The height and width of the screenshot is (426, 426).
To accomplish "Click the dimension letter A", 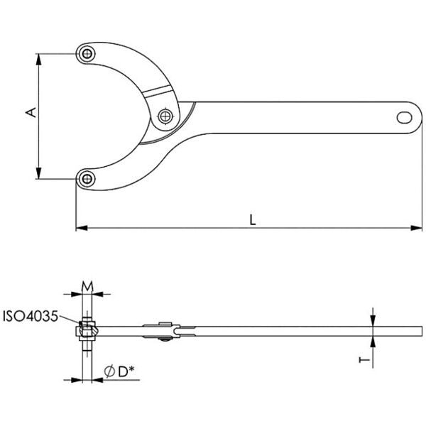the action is tap(31, 112).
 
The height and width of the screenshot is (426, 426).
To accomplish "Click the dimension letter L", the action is tap(253, 219).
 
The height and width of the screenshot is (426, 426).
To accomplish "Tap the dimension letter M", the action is tap(87, 286).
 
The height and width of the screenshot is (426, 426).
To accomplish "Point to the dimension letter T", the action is tap(364, 360).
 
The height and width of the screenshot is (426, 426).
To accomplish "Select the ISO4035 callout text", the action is tap(31, 316).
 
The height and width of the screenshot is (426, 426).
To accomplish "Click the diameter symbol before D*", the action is tap(109, 371).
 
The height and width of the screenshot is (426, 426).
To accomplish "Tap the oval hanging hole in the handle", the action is tap(404, 117).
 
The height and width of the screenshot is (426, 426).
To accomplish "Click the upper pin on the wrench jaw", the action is tap(87, 53).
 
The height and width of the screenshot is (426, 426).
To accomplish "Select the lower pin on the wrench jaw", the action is tap(87, 179).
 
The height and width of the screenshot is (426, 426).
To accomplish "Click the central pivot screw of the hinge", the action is tap(165, 116).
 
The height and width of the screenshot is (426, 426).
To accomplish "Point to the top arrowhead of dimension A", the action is tap(39, 59).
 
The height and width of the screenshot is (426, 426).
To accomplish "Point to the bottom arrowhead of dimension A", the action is tap(39, 173).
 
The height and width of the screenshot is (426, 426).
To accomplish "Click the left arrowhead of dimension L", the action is tap(82, 228).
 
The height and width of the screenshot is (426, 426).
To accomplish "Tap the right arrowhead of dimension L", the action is tap(417, 228).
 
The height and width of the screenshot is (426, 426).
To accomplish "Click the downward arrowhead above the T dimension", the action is tap(373, 321).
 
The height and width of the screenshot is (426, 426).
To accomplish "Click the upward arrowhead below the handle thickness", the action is tap(373, 342).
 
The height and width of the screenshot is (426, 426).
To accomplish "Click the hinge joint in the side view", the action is tap(162, 331).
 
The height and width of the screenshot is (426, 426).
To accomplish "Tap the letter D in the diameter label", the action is tap(123, 372).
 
